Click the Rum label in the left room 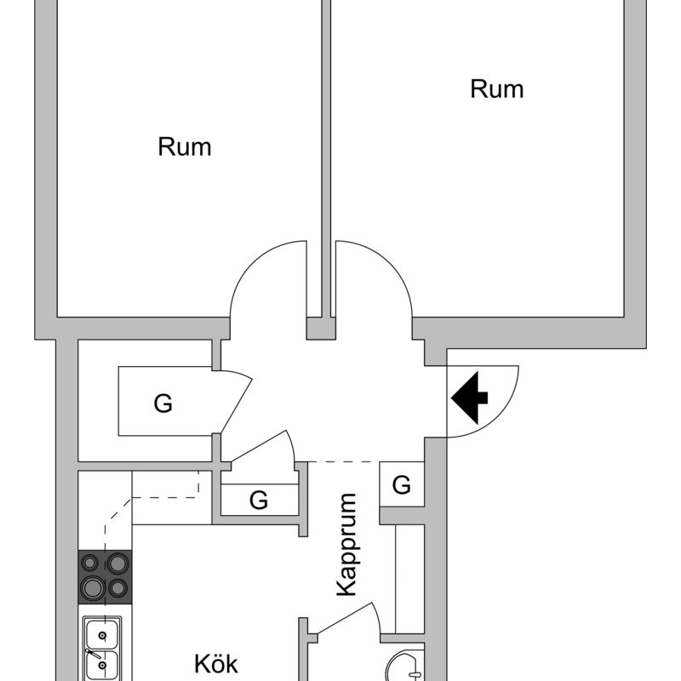tap(185, 147)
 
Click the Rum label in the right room tap(497, 89)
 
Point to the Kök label tap(216, 664)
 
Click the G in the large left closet tap(163, 403)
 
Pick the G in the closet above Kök tap(259, 501)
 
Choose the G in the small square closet tap(402, 485)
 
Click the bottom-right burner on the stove tap(117, 587)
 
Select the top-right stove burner tap(117, 564)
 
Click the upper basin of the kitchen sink tap(103, 634)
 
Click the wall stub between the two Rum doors tap(321, 328)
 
